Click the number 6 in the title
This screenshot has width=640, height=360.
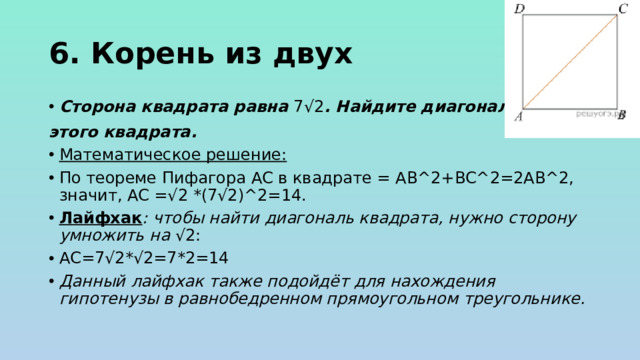coord(57,53)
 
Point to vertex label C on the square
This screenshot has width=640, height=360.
coord(624,8)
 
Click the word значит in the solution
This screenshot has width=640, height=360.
coord(87,196)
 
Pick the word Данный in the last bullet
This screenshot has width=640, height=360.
coord(91,280)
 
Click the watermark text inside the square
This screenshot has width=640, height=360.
coord(596,113)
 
